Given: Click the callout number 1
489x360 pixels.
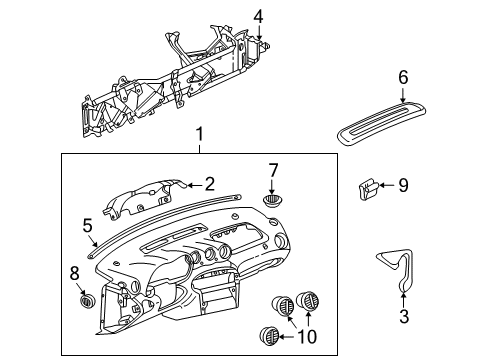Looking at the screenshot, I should tap(198, 134).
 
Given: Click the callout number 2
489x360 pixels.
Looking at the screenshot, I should tap(210, 183).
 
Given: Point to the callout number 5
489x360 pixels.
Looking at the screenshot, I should tap(87, 225).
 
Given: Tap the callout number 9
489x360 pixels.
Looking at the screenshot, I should tap(403, 184).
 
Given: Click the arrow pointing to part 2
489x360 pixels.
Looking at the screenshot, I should tap(193, 184).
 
